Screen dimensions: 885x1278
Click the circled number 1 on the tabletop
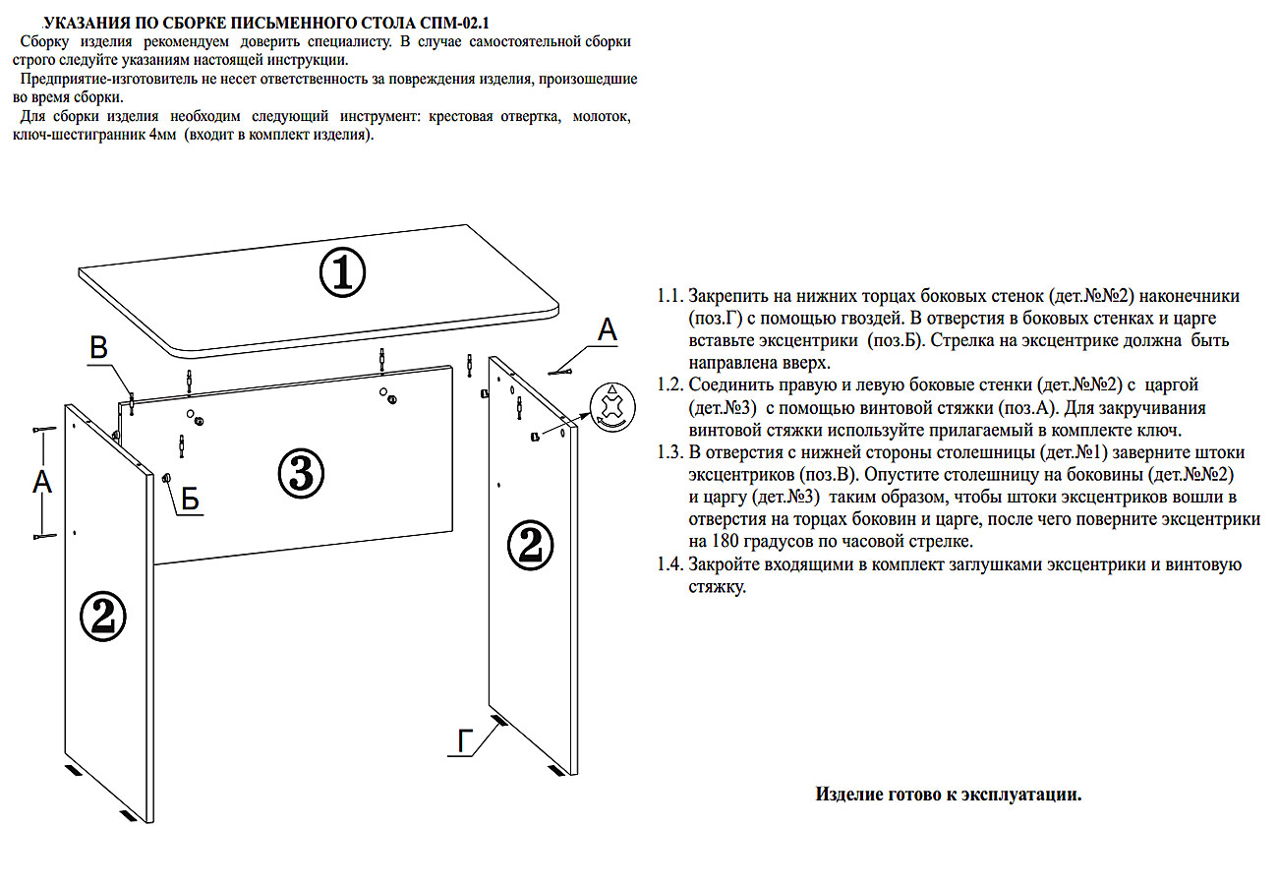click(x=342, y=272)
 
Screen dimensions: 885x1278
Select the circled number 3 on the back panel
click(x=301, y=474)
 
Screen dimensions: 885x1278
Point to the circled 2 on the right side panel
click(x=530, y=544)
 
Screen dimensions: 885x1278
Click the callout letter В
click(x=99, y=349)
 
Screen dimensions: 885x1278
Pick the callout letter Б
click(x=190, y=500)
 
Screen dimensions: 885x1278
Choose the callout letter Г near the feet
click(x=466, y=741)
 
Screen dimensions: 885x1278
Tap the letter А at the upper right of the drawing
click(x=608, y=331)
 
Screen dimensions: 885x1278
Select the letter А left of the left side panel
click(x=42, y=481)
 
